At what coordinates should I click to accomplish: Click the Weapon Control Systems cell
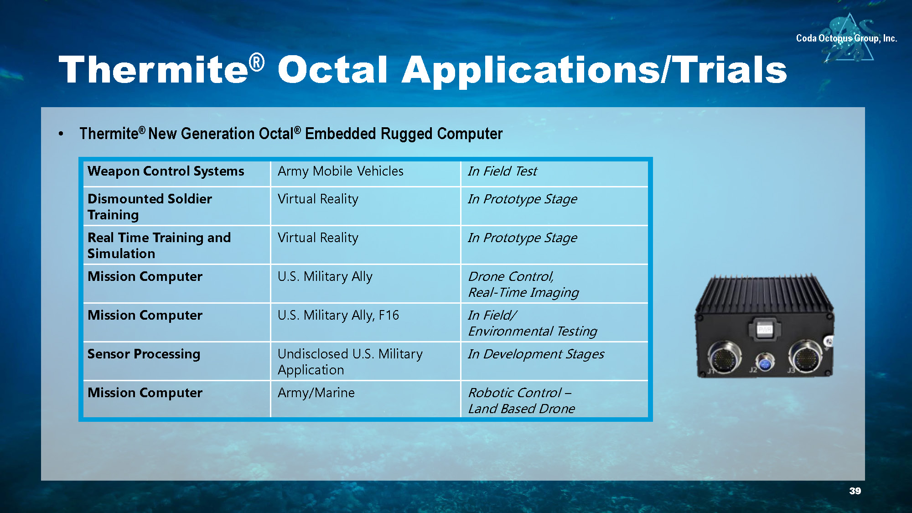tap(177, 174)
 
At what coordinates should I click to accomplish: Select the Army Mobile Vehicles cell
tap(366, 174)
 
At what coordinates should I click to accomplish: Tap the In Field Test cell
tap(554, 174)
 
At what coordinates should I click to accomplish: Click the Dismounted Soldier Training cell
tap(177, 207)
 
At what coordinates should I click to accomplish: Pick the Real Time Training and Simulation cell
tap(177, 245)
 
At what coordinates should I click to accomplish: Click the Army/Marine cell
tap(366, 399)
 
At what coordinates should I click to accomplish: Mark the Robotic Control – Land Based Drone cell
tap(554, 399)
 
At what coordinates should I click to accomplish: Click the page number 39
tap(855, 491)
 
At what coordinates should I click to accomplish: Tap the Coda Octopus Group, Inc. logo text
tap(846, 38)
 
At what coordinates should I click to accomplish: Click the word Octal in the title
tap(333, 70)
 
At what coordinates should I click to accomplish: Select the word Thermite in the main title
tap(154, 70)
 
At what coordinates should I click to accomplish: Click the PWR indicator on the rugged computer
tap(764, 329)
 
